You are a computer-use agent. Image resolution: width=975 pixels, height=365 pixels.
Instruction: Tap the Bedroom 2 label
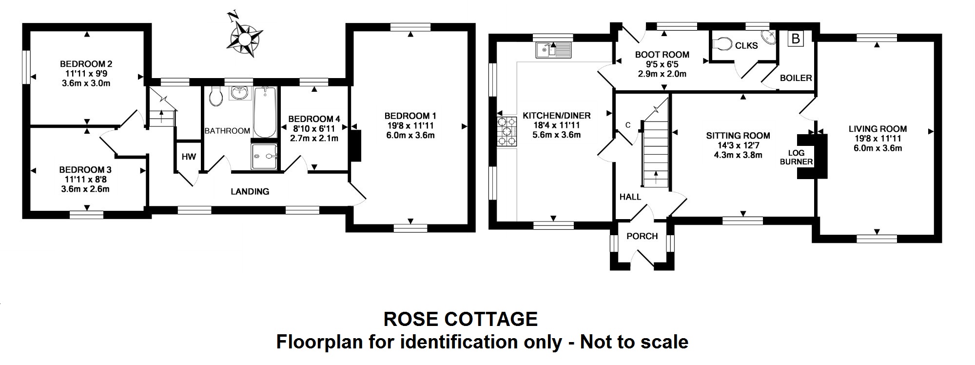86,64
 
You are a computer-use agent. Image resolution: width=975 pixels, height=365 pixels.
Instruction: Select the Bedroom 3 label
85,170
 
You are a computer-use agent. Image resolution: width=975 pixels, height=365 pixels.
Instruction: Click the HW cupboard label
189,157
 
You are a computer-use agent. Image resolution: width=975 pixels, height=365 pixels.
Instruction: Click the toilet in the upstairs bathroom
214,96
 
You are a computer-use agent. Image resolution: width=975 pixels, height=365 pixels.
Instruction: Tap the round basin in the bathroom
239,93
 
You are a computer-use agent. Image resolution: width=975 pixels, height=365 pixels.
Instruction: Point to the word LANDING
250,192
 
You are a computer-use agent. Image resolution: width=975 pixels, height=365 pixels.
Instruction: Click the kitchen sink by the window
553,50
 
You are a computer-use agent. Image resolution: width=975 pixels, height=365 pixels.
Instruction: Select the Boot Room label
662,55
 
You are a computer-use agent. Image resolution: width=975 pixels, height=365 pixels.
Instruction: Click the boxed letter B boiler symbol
796,39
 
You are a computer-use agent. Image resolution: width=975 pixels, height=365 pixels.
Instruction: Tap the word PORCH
642,236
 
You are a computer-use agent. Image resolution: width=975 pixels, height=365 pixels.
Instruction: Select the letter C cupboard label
628,125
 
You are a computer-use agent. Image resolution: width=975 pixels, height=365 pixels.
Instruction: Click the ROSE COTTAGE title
461,319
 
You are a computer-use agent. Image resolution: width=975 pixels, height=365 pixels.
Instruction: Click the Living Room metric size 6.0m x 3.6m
877,148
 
